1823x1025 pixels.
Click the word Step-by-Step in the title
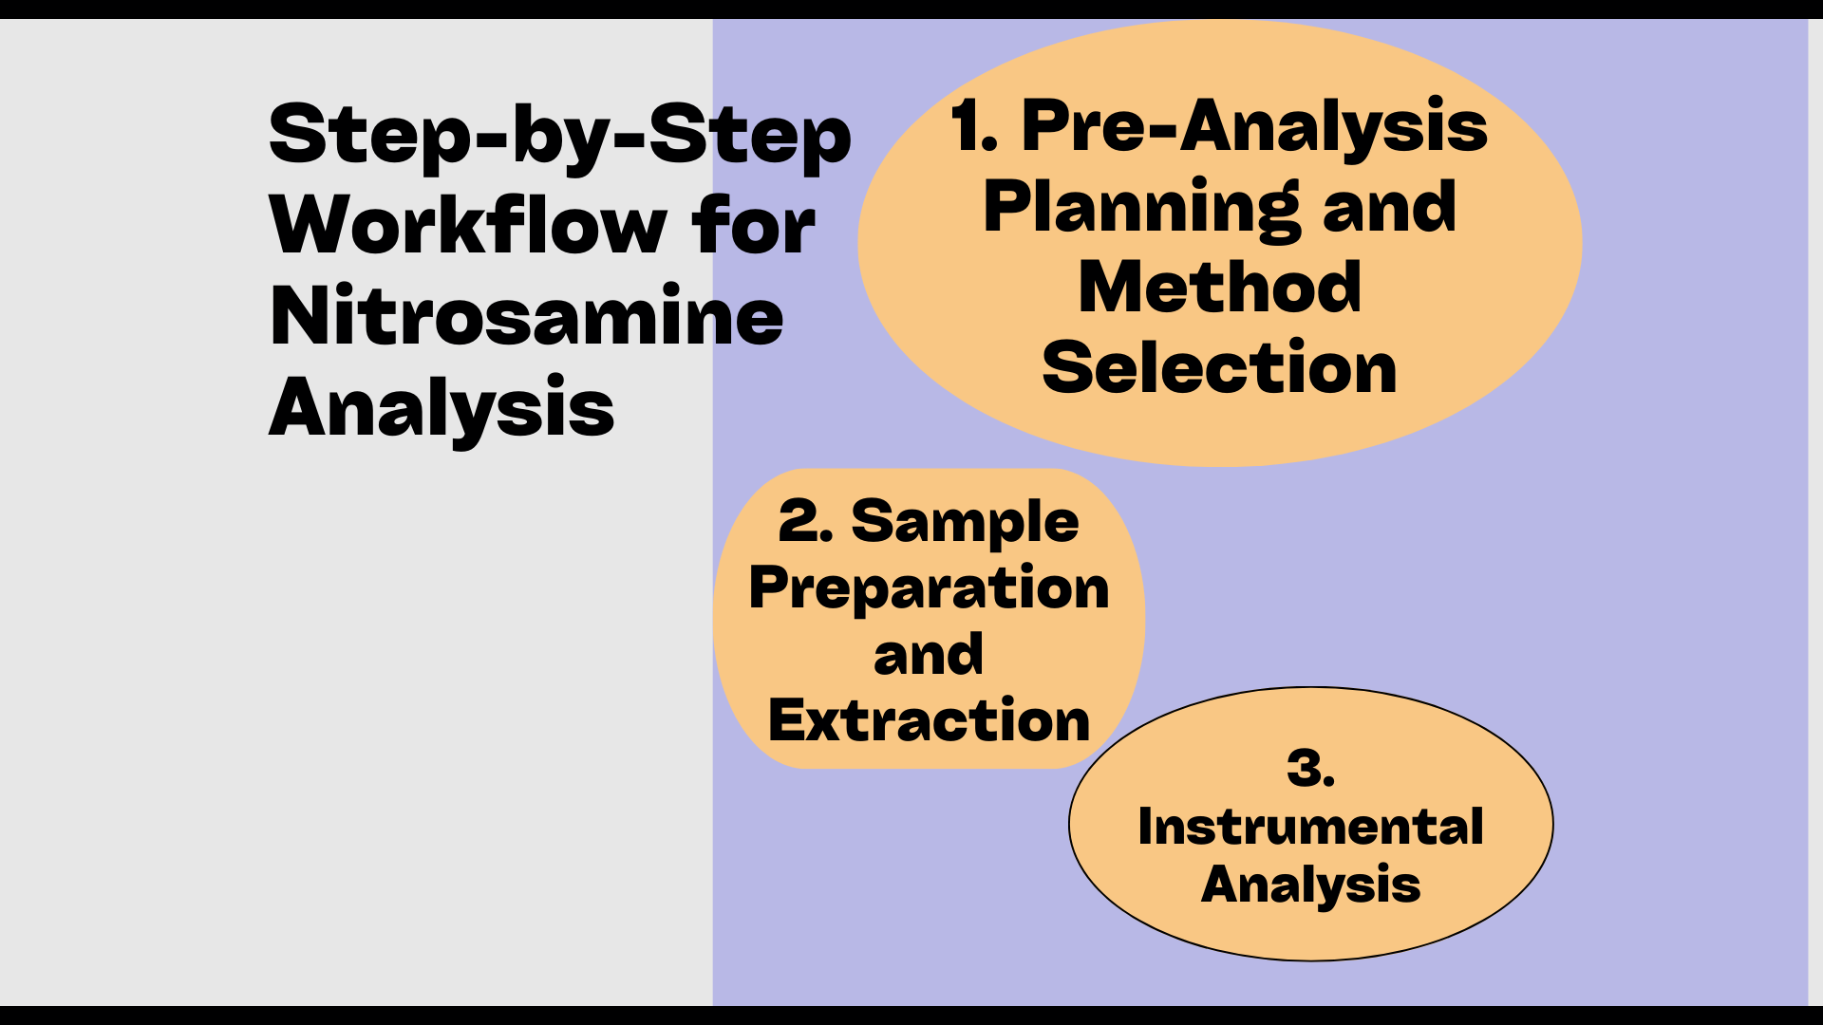pyautogui.click(x=560, y=135)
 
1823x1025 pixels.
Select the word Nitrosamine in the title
pyautogui.click(x=527, y=317)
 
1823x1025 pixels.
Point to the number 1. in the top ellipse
pyautogui.click(x=974, y=127)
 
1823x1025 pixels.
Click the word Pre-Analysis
pyautogui.click(x=1253, y=127)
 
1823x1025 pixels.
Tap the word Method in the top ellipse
pyautogui.click(x=1220, y=288)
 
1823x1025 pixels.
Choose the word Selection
pyautogui.click(x=1220, y=368)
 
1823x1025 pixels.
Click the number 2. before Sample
pyautogui.click(x=805, y=522)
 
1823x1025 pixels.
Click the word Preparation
pyautogui.click(x=929, y=589)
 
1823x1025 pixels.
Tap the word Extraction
pyautogui.click(x=929, y=721)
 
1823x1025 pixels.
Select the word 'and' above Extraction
pyautogui.click(x=929, y=655)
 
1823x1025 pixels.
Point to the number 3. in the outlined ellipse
pyautogui.click(x=1310, y=769)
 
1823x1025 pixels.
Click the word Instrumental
pyautogui.click(x=1310, y=827)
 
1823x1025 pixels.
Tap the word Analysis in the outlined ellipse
pyautogui.click(x=1310, y=885)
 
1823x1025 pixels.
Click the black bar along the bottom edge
pyautogui.click(x=911, y=1016)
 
